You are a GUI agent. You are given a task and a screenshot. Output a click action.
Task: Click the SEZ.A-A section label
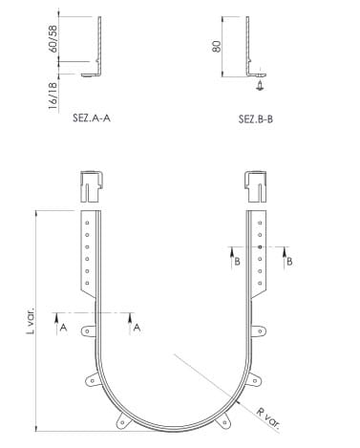(x=92, y=118)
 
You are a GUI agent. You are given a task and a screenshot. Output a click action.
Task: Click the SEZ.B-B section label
(x=256, y=119)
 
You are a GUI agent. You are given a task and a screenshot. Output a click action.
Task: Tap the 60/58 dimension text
(x=53, y=39)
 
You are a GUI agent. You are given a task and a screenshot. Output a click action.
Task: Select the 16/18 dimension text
(x=53, y=96)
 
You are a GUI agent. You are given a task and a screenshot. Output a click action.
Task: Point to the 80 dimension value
(x=217, y=47)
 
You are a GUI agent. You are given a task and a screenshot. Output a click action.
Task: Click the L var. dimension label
(x=31, y=321)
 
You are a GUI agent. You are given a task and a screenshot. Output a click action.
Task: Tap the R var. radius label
(x=268, y=418)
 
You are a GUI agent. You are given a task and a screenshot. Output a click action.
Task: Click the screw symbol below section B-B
(x=261, y=85)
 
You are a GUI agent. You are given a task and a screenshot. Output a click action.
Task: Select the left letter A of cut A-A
(x=63, y=328)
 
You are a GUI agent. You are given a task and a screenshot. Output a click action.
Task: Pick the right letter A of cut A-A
(x=137, y=328)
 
